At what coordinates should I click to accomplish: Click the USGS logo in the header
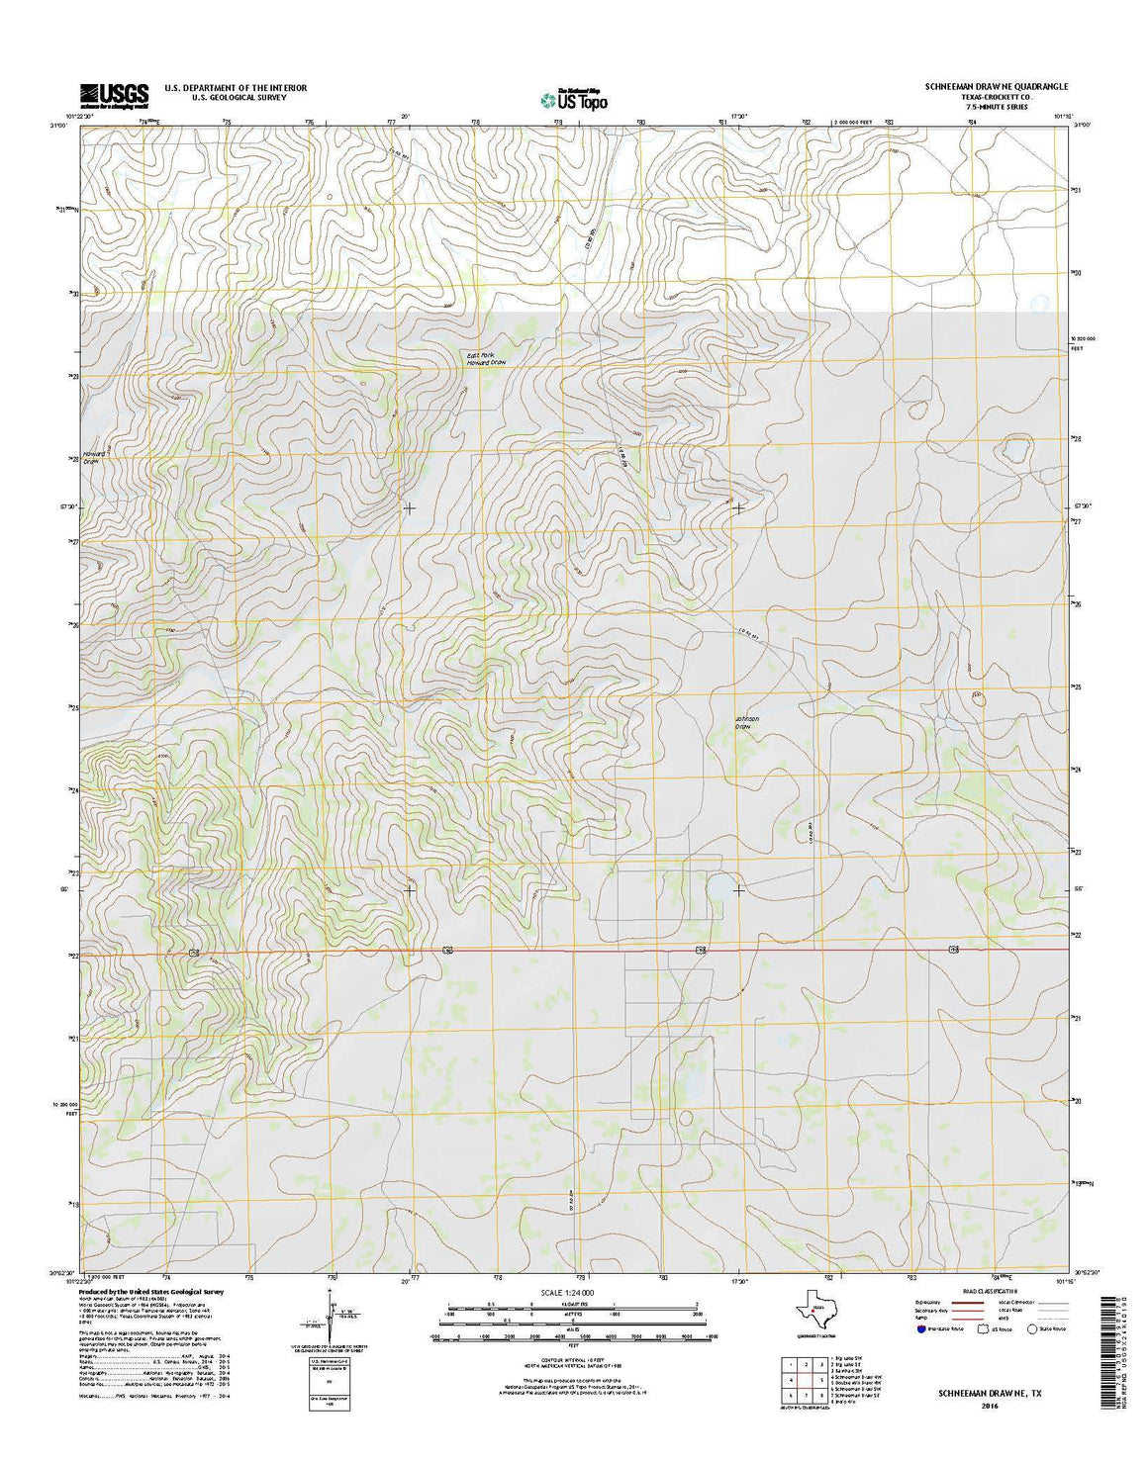point(115,94)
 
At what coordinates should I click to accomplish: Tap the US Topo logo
point(574,98)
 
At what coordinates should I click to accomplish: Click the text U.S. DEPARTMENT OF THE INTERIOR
point(236,88)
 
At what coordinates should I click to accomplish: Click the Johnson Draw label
point(744,722)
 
